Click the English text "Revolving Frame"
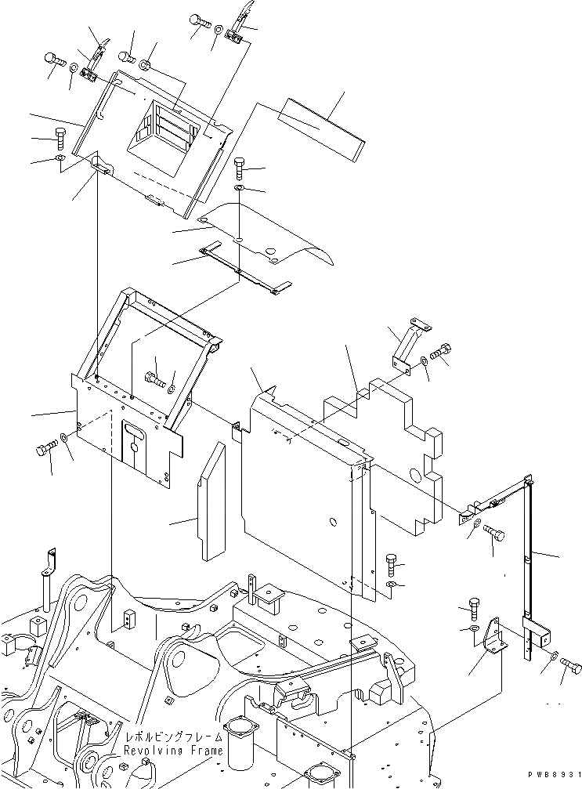click(172, 751)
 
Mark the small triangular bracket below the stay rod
click(493, 635)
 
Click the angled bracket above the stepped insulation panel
click(406, 343)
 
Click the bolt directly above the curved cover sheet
click(240, 166)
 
